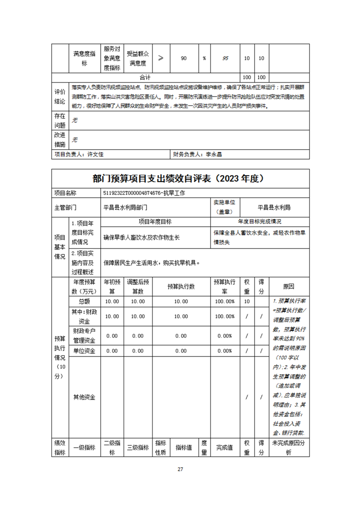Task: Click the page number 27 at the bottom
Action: (180, 469)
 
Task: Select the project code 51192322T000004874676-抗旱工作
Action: (144, 193)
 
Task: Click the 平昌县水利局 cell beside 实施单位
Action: (274, 207)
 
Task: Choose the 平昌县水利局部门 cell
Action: (125, 207)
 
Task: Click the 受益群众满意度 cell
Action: (137, 59)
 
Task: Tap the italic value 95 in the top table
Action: (226, 59)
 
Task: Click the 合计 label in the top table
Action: (145, 77)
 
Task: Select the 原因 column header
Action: (288, 286)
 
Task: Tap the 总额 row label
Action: (84, 302)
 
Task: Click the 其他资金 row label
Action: (84, 397)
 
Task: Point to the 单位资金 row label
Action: (84, 351)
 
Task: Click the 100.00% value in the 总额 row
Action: (224, 302)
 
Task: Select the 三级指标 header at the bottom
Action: (138, 447)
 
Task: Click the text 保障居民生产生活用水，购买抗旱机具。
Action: (151, 262)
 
